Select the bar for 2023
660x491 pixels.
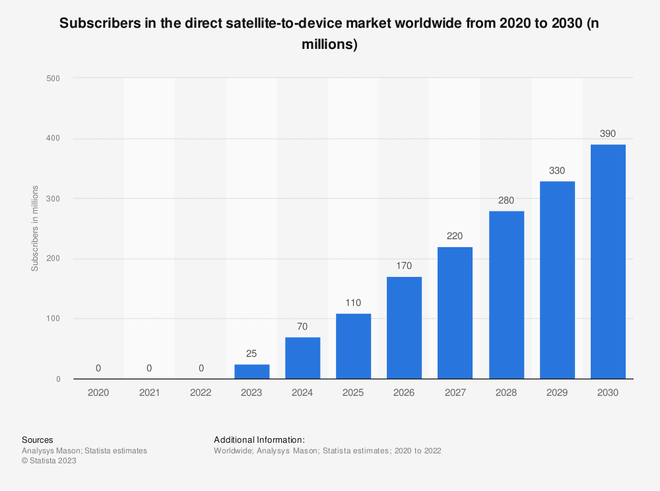click(x=251, y=371)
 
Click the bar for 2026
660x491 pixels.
click(x=404, y=328)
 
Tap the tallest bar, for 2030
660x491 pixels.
click(x=608, y=262)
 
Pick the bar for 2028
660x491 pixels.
click(x=506, y=295)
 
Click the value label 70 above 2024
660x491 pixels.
click(x=302, y=326)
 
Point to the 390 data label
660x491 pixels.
click(x=608, y=133)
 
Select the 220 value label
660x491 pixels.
click(x=455, y=236)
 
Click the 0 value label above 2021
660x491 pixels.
click(x=149, y=368)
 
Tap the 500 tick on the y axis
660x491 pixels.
click(x=53, y=78)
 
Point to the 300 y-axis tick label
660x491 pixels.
click(x=53, y=198)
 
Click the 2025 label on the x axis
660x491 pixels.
click(x=353, y=393)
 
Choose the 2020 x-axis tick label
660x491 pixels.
click(x=98, y=393)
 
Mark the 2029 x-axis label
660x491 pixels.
click(x=557, y=393)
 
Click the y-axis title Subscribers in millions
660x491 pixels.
click(x=34, y=229)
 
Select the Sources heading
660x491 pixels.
click(x=38, y=439)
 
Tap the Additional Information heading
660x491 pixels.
click(x=259, y=439)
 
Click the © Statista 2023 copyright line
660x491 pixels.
click(x=49, y=461)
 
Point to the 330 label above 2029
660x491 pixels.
click(x=557, y=170)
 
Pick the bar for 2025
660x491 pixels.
click(x=353, y=346)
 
